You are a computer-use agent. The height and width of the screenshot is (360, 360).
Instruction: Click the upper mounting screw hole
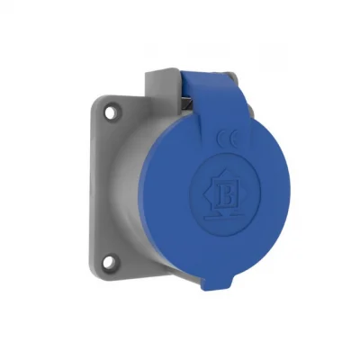tap(111, 115)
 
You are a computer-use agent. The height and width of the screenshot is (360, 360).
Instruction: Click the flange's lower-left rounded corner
tap(101, 274)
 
